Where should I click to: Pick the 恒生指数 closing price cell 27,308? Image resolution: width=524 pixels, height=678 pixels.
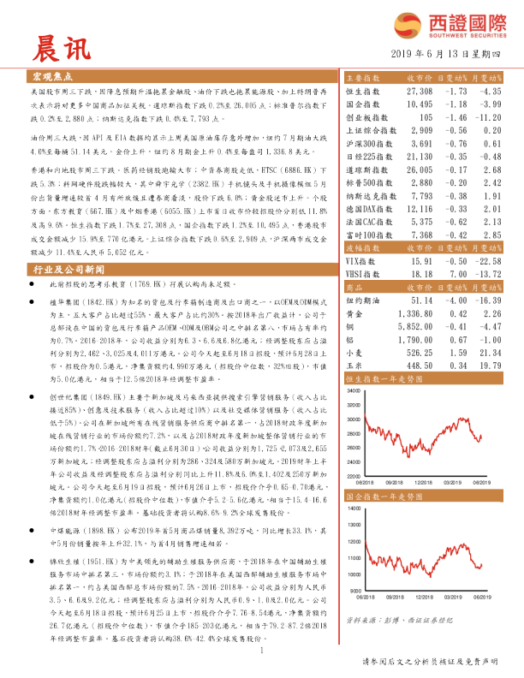coord(420,91)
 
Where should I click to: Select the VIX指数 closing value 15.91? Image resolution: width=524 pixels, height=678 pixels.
coord(420,259)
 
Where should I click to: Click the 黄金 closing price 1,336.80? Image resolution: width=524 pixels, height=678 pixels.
coord(417,314)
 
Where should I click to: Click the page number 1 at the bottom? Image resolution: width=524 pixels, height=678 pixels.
coord(260,651)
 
